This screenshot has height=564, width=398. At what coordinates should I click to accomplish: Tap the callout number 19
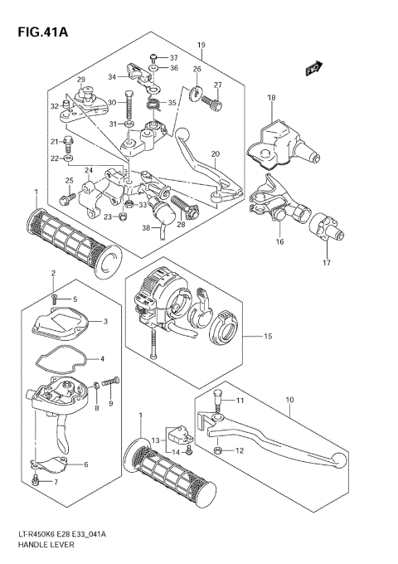tap(201, 45)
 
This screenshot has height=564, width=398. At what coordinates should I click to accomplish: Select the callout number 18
tap(271, 99)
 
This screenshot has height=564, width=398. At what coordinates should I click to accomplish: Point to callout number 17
tap(327, 263)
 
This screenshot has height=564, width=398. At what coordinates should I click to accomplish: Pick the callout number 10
tap(290, 400)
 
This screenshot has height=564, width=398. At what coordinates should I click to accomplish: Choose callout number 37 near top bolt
tap(174, 58)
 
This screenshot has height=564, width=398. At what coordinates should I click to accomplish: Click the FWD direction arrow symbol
tap(313, 70)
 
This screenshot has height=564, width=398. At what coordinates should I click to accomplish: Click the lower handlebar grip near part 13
tap(167, 476)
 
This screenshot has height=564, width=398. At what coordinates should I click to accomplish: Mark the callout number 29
tap(81, 80)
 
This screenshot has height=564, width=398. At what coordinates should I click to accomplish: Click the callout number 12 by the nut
tap(240, 450)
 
